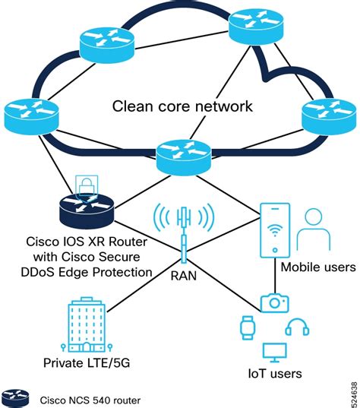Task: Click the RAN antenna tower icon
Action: point(182,224)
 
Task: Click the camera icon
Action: point(274,302)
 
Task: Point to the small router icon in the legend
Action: point(16,398)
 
